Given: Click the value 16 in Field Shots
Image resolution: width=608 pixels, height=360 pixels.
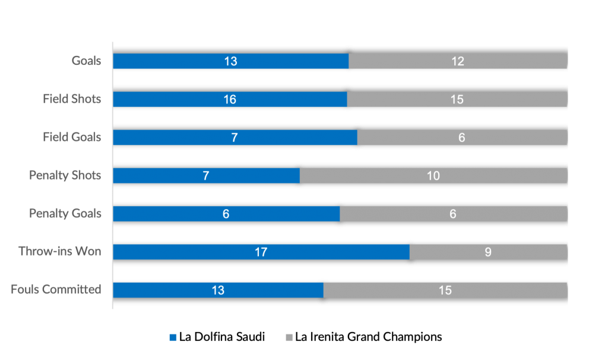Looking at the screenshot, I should (230, 99).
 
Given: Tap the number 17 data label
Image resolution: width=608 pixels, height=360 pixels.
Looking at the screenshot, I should (261, 252).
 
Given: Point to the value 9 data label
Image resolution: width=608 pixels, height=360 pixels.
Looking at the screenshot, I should (488, 252).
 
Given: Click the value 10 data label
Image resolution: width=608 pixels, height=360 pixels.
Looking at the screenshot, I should (433, 176).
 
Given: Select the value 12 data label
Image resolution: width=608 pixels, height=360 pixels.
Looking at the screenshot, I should (457, 61).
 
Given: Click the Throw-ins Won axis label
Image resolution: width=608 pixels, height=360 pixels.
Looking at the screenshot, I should (60, 251).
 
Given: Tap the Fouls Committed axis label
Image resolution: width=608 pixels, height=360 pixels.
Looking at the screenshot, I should (56, 289).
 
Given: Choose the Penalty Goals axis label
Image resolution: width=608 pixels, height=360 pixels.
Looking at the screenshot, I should (65, 213).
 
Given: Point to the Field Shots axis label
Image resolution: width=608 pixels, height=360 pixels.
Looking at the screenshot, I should (72, 99).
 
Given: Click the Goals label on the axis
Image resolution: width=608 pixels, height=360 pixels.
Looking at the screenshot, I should (87, 61).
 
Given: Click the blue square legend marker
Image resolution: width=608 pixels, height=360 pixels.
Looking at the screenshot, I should (173, 337).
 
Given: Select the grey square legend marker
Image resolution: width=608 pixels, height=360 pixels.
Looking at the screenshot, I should (289, 337).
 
